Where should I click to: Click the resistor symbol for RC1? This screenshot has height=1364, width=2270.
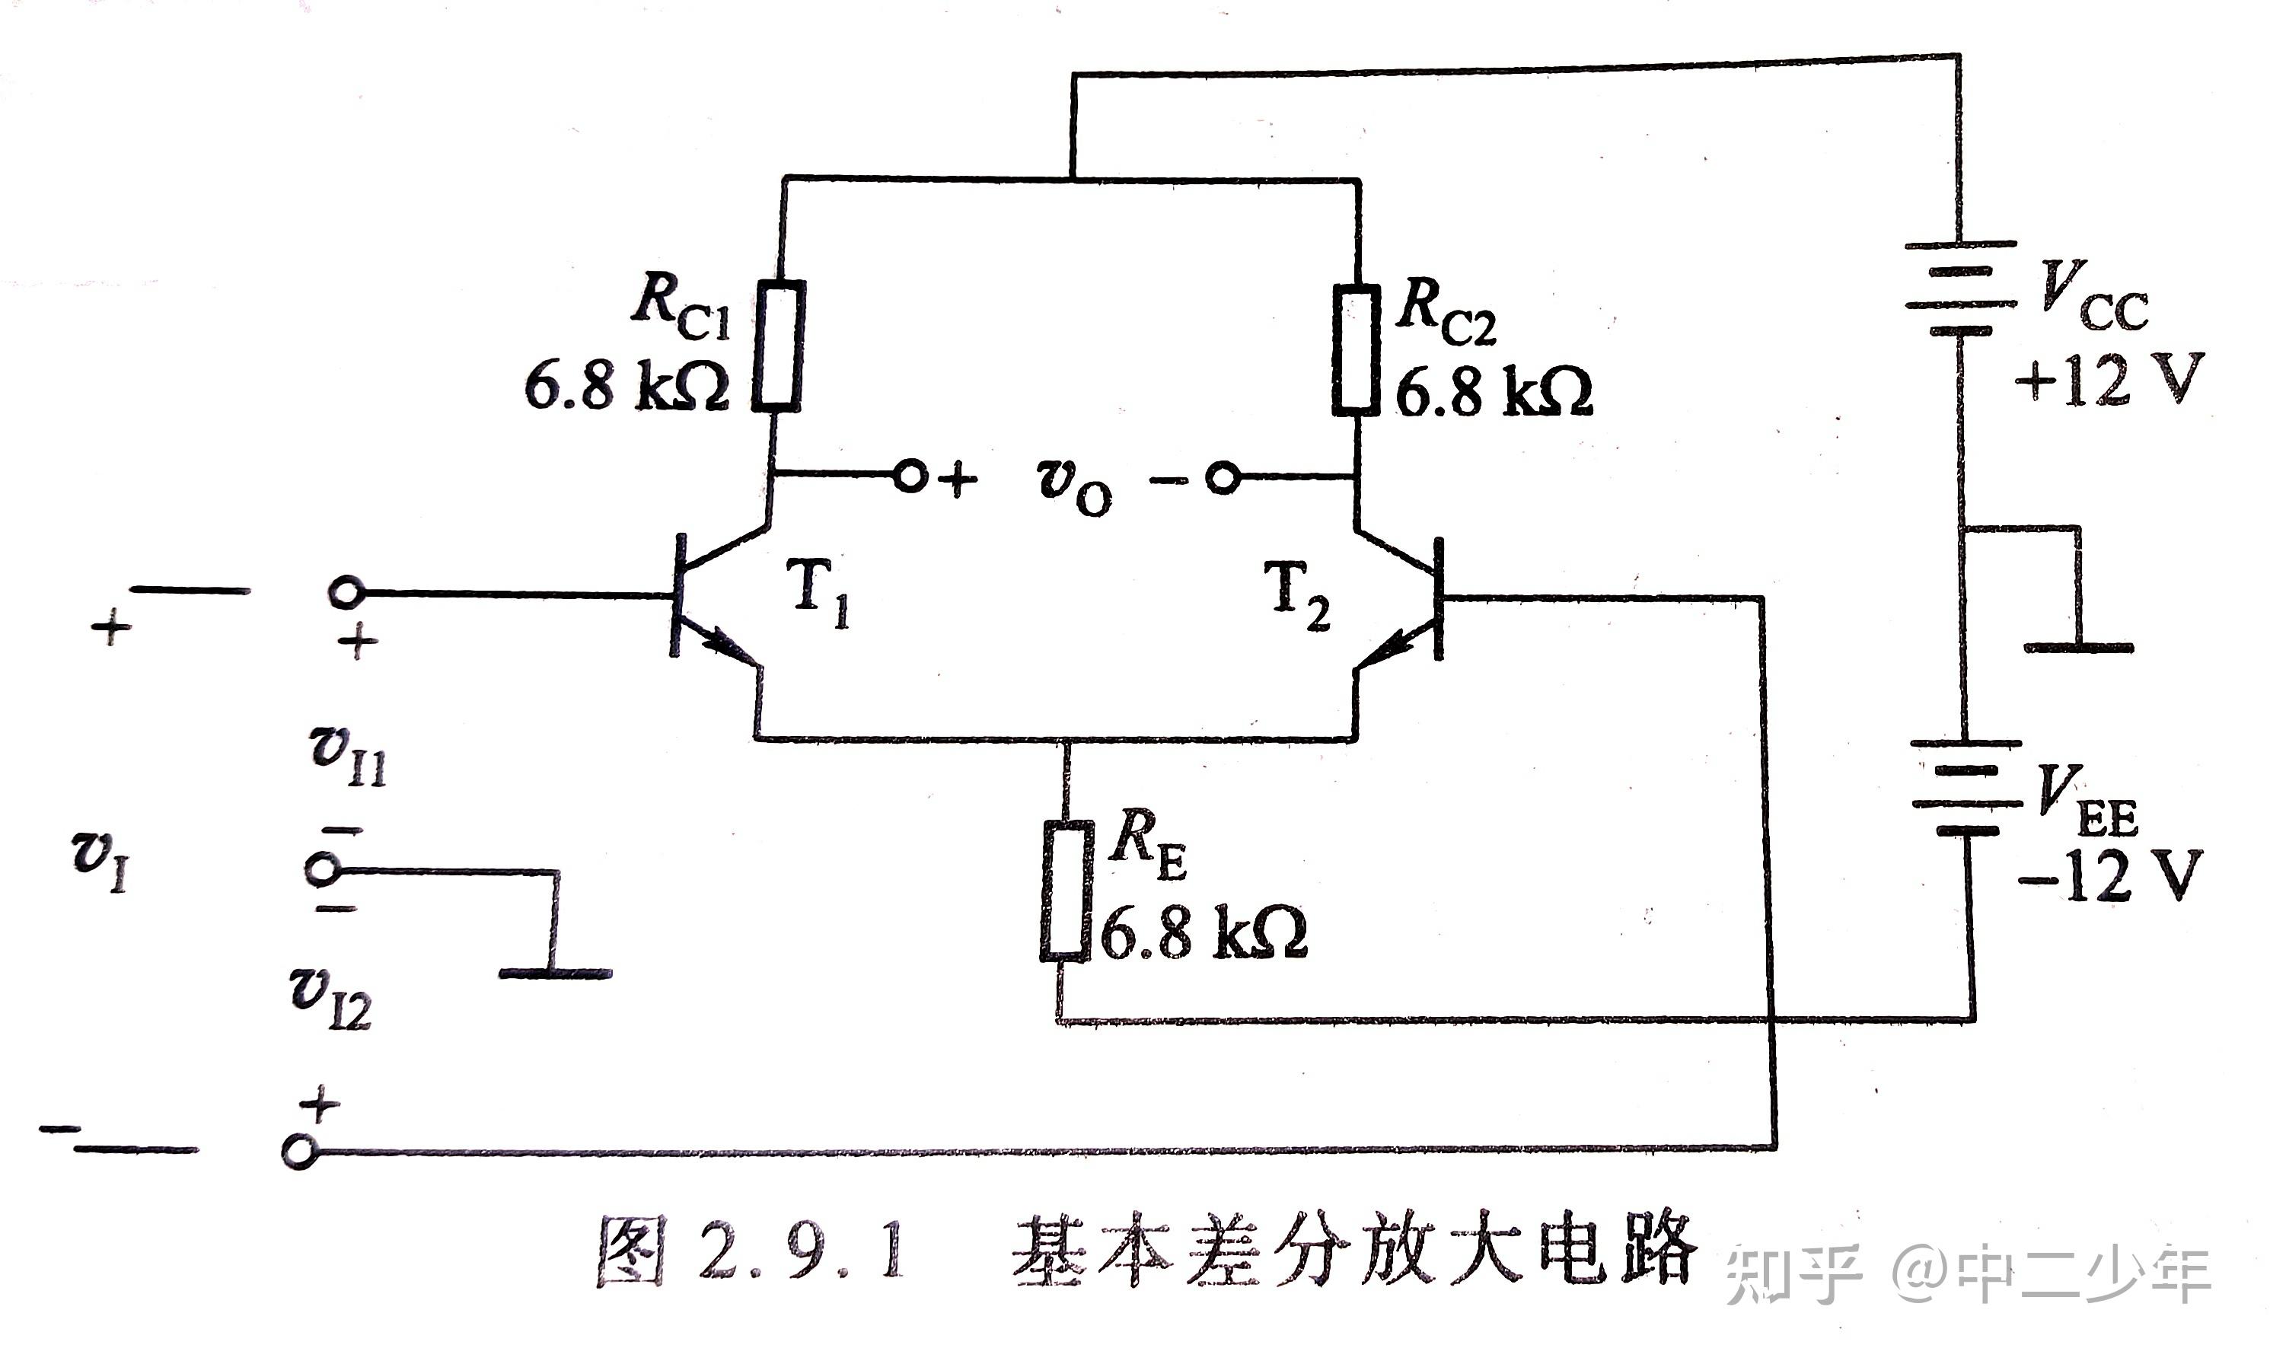click(x=780, y=345)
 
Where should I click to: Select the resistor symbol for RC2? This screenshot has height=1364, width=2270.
click(x=1357, y=349)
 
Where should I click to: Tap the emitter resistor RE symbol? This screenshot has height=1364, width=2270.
click(x=1066, y=890)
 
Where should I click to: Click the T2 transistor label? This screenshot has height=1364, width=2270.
click(x=1296, y=595)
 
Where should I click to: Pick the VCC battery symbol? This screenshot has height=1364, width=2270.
click(x=1960, y=287)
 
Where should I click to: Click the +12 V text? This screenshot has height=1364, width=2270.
click(x=2109, y=379)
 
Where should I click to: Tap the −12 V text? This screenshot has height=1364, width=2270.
click(x=2109, y=875)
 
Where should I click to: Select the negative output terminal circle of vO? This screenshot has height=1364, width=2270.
click(x=1223, y=478)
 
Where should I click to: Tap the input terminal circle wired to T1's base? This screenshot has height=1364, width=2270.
click(x=346, y=593)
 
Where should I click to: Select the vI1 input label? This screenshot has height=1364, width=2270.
click(x=347, y=756)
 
